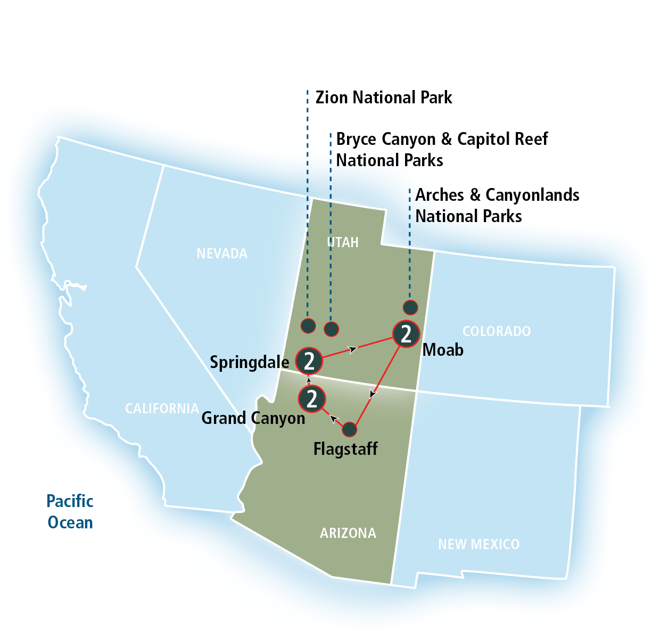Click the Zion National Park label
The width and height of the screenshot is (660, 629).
coord(383,97)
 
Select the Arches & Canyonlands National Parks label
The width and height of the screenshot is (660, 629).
coord(497,206)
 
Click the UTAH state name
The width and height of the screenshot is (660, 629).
coord(343,242)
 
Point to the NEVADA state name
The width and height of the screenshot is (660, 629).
coord(222,254)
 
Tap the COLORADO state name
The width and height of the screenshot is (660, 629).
coord(496,331)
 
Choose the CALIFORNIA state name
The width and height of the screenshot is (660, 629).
coord(162,409)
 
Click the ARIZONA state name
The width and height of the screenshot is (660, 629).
coord(348,533)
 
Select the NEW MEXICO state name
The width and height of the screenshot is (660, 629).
coord(478,544)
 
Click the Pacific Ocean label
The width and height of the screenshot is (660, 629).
coord(70,512)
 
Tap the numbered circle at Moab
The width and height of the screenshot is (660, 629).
coord(406,334)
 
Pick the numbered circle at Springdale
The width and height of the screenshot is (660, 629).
coord(309,361)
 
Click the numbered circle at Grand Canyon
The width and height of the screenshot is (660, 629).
coord(312,398)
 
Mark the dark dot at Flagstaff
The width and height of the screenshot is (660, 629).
coord(349,429)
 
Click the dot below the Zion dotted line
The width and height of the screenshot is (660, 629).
coord(308,325)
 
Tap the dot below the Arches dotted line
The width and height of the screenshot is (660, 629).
coord(410,307)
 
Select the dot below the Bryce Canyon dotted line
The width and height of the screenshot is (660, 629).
coord(332,329)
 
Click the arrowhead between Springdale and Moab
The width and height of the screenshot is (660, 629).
coord(352,349)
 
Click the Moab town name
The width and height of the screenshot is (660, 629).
coord(443,350)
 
